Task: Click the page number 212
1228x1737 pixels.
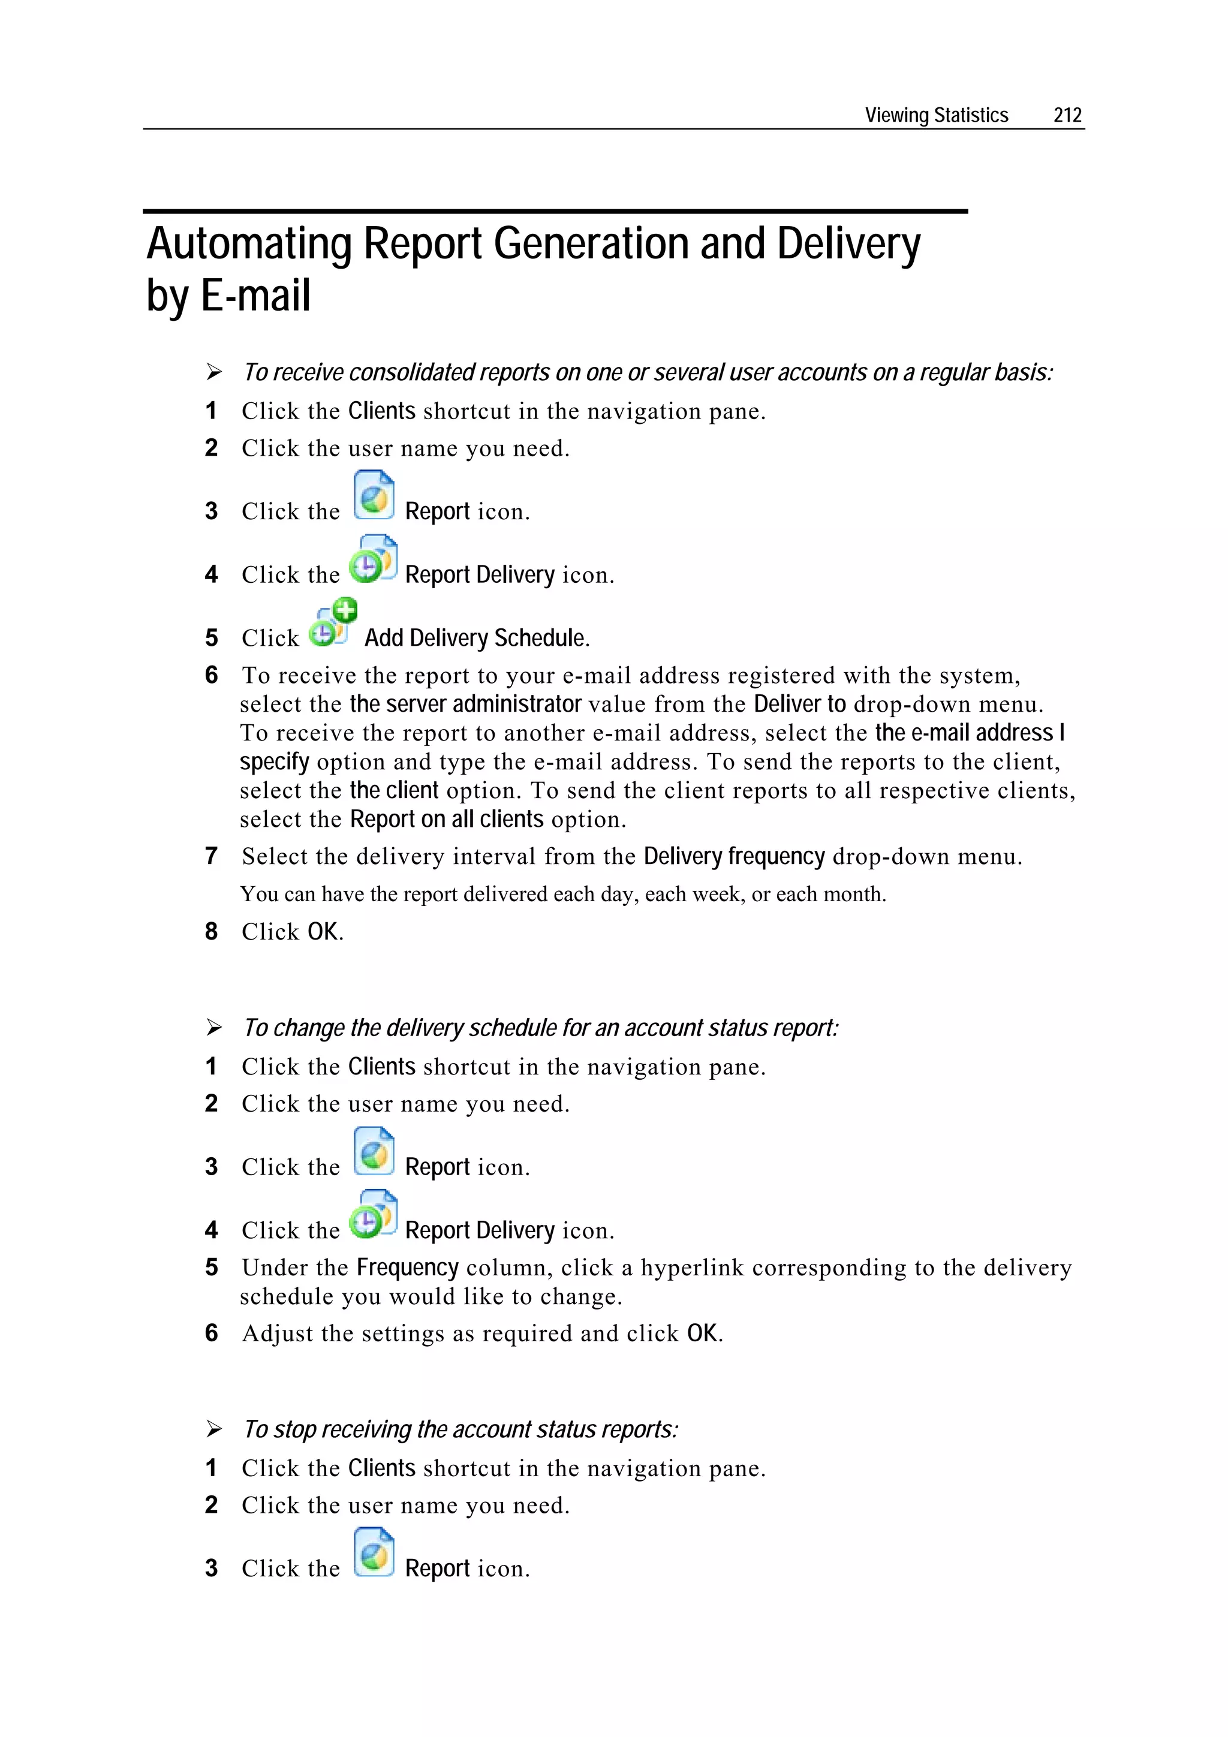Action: coord(1067,115)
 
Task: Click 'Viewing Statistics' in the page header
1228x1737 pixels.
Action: coord(936,115)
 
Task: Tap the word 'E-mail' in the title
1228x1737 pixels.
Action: coord(256,296)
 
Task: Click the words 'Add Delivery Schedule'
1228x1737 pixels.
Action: coord(476,639)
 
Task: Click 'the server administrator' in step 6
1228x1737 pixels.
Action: coord(465,705)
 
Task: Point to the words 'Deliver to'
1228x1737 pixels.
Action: coord(799,705)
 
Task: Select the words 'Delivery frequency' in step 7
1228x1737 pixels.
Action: coord(733,856)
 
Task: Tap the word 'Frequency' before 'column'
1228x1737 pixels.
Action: coord(407,1268)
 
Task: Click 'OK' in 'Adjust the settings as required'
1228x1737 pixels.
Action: coord(702,1333)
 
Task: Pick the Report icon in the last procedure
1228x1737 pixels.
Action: coord(374,1552)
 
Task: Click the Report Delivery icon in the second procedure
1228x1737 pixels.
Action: coord(373,1214)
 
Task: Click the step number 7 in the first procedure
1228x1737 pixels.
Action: coord(211,856)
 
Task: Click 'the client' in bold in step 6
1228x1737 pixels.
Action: coord(393,791)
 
